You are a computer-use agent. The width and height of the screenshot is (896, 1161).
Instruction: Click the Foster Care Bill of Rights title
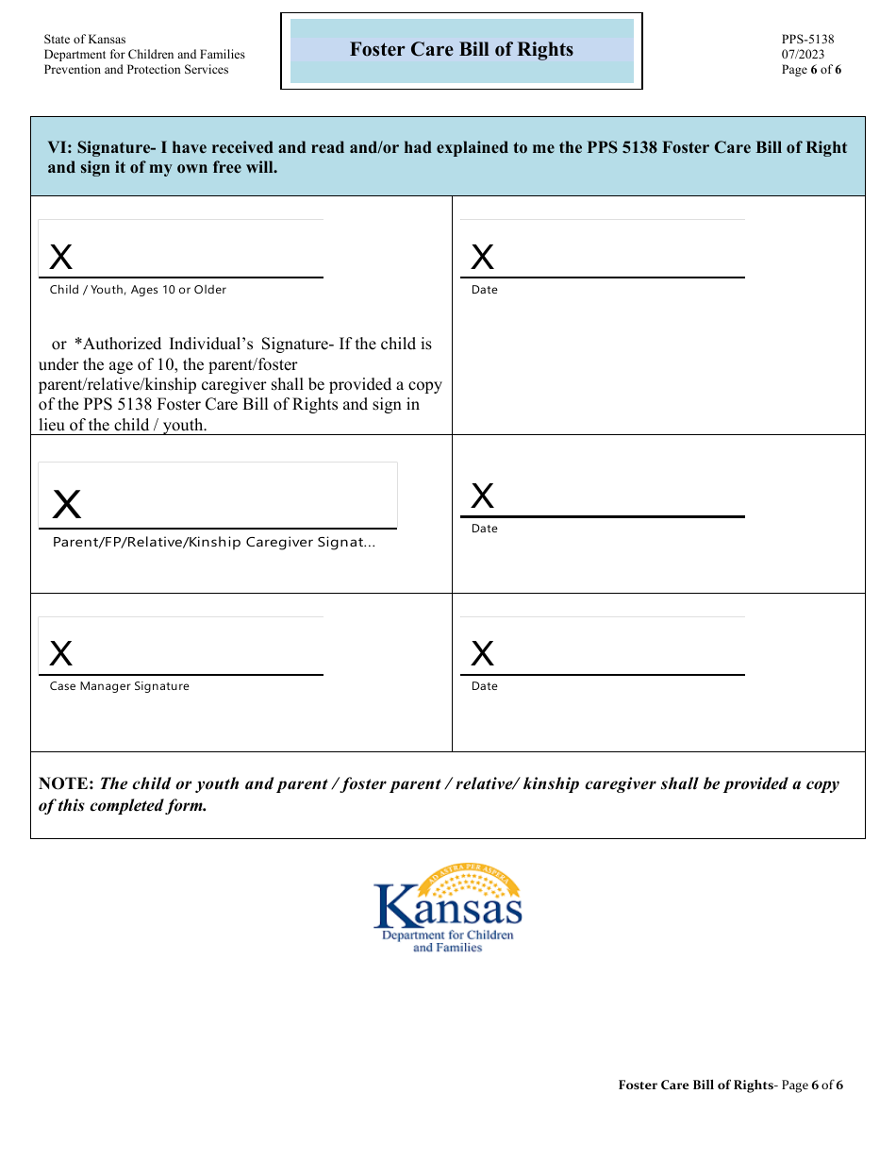[461, 50]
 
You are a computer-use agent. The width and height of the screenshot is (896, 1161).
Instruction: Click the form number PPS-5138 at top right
[807, 40]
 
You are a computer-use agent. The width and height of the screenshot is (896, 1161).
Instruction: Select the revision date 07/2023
[803, 55]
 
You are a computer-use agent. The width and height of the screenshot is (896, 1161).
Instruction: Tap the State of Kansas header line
[84, 40]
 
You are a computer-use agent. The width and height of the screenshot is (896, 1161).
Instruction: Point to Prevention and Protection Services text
[136, 70]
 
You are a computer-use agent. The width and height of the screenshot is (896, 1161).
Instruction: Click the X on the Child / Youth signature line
[61, 257]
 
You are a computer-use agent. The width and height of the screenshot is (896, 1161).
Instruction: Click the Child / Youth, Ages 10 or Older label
[138, 290]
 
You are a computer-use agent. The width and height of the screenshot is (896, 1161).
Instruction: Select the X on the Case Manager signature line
[61, 653]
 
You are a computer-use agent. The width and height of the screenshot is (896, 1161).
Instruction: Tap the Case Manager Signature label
[119, 686]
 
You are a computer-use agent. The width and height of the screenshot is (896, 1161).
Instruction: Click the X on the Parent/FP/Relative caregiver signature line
[67, 506]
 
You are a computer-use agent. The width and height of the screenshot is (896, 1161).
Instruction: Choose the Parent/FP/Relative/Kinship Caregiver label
[213, 543]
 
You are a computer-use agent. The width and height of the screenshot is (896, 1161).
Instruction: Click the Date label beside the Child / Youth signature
[484, 290]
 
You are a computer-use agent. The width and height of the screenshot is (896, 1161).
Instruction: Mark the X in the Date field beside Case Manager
[482, 653]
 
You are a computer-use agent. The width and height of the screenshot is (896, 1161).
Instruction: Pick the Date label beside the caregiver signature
[484, 529]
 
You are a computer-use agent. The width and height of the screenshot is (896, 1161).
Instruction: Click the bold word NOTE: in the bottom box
[66, 783]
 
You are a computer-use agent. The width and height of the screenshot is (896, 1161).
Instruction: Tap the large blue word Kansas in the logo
[448, 909]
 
